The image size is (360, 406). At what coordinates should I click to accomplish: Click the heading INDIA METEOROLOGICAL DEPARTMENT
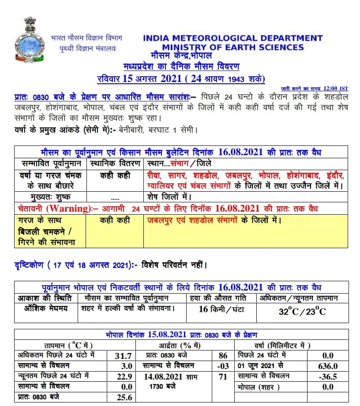pyautogui.click(x=232, y=39)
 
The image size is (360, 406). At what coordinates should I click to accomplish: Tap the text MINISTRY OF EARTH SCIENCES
pyautogui.click(x=232, y=48)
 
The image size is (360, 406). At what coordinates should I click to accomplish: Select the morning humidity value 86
pyautogui.click(x=223, y=355)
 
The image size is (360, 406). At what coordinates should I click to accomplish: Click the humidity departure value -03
pyautogui.click(x=223, y=365)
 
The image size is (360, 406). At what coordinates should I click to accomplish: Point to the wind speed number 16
pyautogui.click(x=203, y=309)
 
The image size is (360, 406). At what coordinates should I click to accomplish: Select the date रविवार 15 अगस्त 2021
pyautogui.click(x=139, y=79)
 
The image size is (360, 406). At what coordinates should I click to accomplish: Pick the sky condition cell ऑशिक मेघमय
pyautogui.click(x=46, y=309)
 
